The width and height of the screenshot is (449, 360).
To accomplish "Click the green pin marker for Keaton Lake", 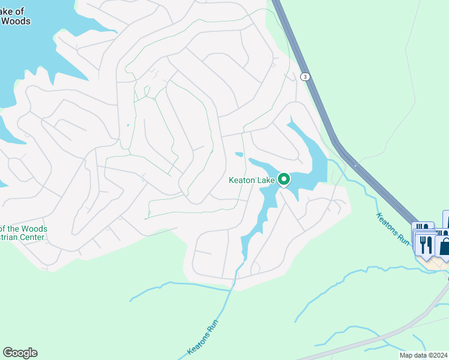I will point(283,179).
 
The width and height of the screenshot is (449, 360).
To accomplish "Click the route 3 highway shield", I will point(306,76).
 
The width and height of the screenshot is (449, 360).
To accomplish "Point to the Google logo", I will point(20,353).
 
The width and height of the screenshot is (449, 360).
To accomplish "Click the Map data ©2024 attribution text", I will point(423,355).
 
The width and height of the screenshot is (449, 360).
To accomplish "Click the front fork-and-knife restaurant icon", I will point(426,244).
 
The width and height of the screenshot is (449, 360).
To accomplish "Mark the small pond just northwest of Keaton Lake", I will point(239,154).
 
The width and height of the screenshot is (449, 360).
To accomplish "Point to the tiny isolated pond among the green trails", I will point(128,125).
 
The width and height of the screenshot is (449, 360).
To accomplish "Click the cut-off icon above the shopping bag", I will point(445,217).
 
